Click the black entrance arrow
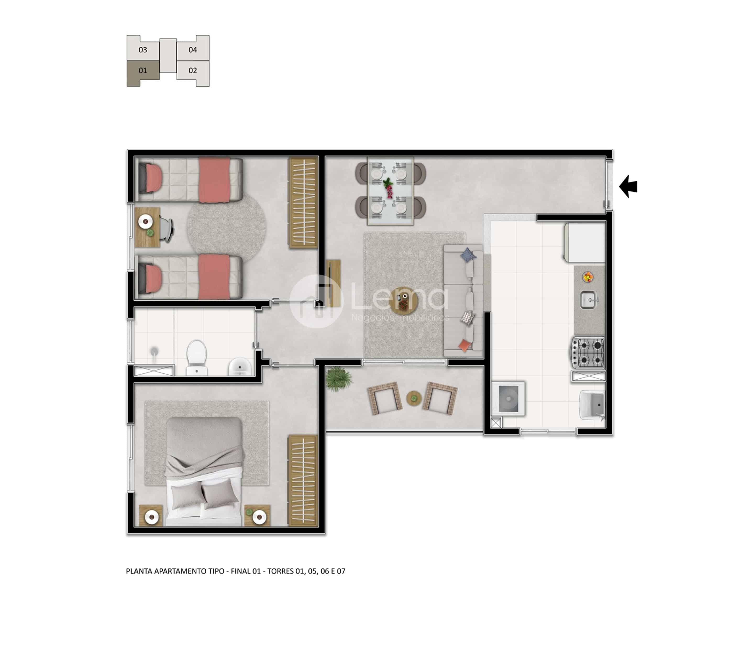click(628, 187)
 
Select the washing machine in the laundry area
click(508, 398)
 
